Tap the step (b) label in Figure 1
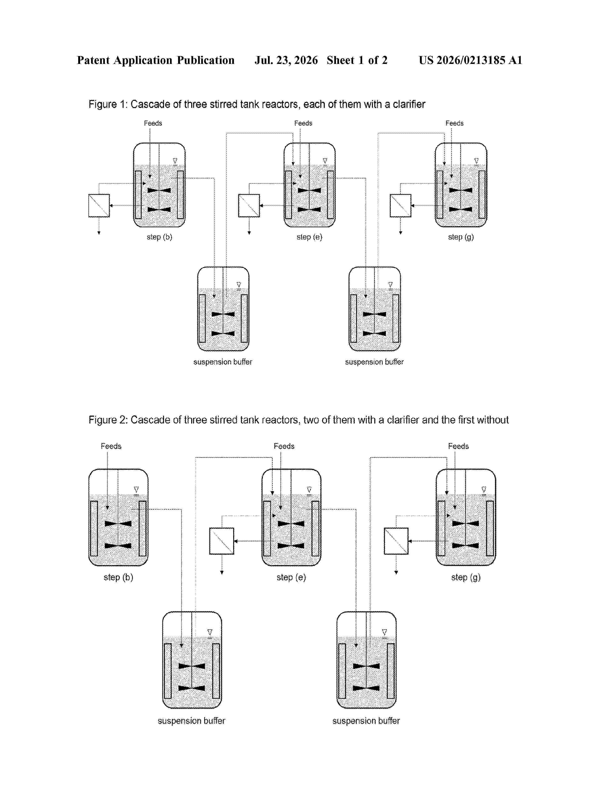click(x=159, y=237)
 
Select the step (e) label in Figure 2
click(x=291, y=577)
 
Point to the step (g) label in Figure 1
click(x=461, y=237)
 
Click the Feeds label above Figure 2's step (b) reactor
click(x=111, y=446)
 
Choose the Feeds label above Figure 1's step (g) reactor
click(x=454, y=123)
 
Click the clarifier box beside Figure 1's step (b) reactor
click(x=99, y=206)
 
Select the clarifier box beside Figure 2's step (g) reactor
click(x=396, y=541)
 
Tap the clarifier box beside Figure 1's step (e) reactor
click(x=249, y=206)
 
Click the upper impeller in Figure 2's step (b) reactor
click(x=118, y=523)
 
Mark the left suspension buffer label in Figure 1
click(x=223, y=362)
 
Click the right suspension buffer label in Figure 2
click(x=366, y=721)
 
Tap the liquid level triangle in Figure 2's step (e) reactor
click(x=309, y=489)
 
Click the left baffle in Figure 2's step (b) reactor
click(x=94, y=528)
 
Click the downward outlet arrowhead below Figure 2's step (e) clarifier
click(x=222, y=572)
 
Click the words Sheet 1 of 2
click(x=357, y=60)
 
